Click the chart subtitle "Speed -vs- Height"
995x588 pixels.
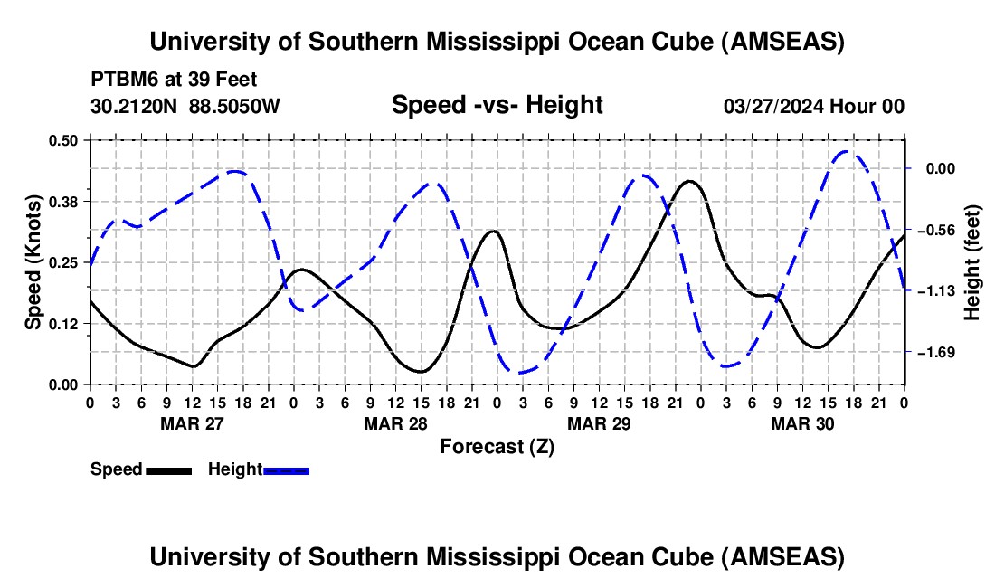(x=497, y=105)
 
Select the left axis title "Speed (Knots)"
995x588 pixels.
(x=33, y=262)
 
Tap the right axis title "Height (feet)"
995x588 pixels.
(x=972, y=262)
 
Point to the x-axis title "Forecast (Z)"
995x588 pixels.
(x=497, y=446)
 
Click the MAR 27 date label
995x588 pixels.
(x=192, y=422)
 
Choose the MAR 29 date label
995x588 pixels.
(x=598, y=422)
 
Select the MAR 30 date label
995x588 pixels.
(x=801, y=422)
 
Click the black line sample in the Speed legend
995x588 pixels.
(x=168, y=470)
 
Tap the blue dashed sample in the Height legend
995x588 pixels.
(x=286, y=470)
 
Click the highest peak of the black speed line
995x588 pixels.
(x=690, y=181)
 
